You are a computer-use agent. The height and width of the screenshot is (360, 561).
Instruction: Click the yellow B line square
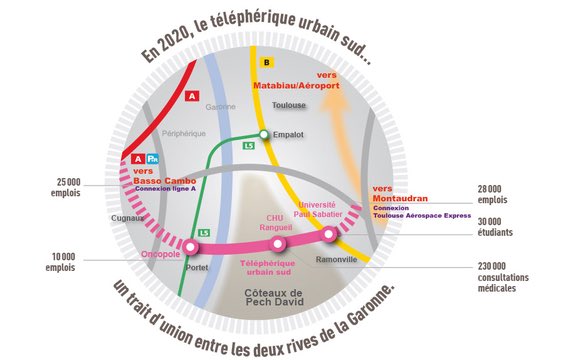[266, 62]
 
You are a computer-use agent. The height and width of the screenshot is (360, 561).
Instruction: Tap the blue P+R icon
[152, 157]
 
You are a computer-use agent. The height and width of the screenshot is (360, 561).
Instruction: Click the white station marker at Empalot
[264, 134]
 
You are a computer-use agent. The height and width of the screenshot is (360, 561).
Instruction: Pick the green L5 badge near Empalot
[249, 146]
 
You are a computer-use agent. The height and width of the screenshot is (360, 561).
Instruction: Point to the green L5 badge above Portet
[204, 233]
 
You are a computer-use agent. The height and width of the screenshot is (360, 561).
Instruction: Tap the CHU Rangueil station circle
[279, 243]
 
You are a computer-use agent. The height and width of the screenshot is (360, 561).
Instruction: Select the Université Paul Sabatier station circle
[329, 234]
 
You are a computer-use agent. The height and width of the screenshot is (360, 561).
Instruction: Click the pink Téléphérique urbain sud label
[276, 266]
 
